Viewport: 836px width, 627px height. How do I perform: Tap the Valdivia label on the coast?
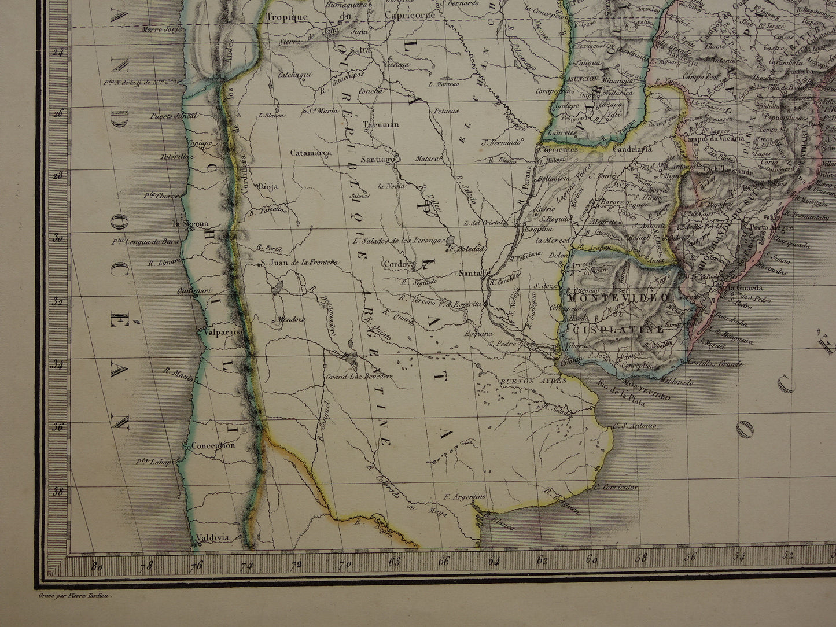[213, 537]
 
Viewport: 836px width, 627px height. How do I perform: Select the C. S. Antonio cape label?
[635, 426]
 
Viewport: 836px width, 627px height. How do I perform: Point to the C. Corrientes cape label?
[618, 487]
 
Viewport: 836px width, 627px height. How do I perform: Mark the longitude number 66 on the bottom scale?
[444, 560]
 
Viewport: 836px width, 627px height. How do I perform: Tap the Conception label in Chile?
[212, 446]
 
